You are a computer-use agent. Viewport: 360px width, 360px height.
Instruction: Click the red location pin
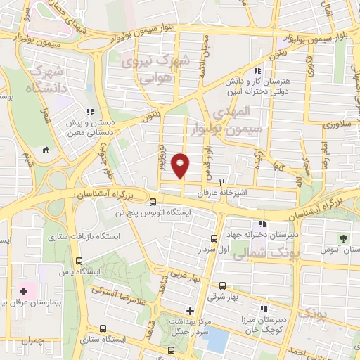coord(181,165)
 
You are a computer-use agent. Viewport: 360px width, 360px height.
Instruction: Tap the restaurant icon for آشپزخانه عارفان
coord(222,180)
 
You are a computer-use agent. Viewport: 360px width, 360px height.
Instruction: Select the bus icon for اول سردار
coord(214,238)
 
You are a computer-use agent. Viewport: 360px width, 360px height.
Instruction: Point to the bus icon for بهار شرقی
coord(223,286)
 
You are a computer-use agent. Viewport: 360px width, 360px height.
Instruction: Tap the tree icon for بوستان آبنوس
coord(343,238)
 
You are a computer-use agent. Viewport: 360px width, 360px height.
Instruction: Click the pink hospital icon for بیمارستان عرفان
coord(23,290)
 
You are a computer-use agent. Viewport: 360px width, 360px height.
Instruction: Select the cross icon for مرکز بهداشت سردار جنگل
coord(189,311)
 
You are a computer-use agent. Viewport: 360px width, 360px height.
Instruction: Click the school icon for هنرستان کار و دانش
coord(258,70)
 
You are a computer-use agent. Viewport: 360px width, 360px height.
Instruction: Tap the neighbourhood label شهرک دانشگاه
coord(44,79)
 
